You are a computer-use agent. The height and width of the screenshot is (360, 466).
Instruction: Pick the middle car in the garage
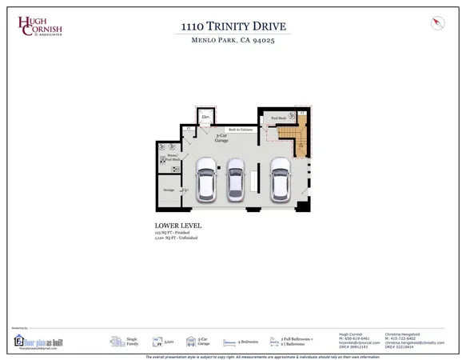click(236, 179)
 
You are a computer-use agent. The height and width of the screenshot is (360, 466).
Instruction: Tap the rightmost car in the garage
click(279, 179)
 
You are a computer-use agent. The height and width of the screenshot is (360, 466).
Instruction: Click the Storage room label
click(169, 190)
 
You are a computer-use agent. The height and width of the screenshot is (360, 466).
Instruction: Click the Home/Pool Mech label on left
click(173, 158)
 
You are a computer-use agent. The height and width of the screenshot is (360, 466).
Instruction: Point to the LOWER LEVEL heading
click(177, 226)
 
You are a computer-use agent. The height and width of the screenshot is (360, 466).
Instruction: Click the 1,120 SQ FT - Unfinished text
click(181, 239)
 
